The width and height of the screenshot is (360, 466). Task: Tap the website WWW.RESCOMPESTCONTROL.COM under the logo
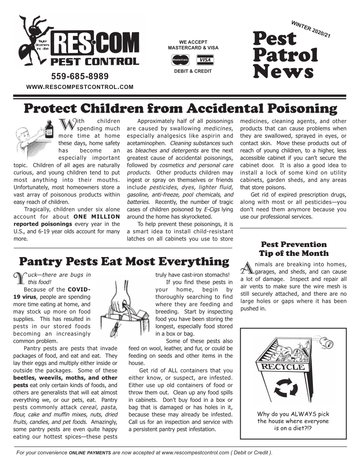pyautogui.click(x=80, y=87)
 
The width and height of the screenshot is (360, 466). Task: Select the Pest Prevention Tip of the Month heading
pyautogui.click(x=294, y=249)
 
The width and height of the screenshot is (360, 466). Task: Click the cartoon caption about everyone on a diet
pyautogui.click(x=293, y=421)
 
